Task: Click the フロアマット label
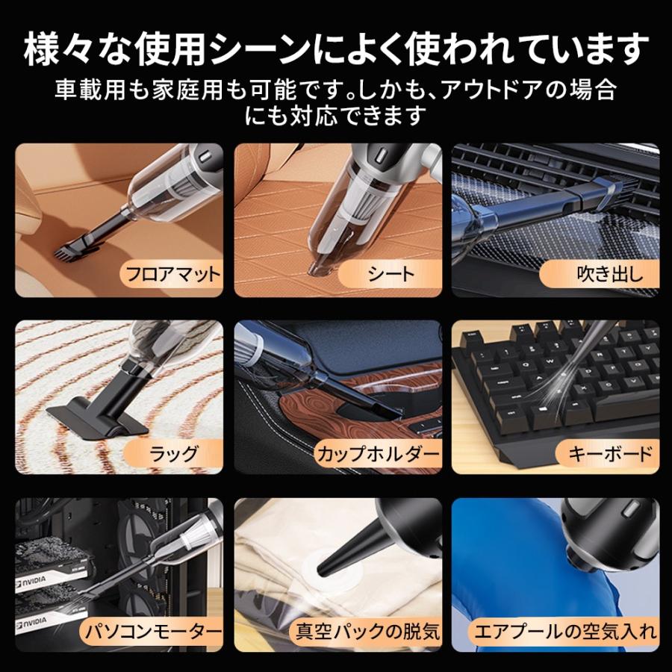point(172,273)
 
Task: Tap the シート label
point(391,273)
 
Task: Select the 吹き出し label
point(609,273)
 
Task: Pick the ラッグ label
point(172,452)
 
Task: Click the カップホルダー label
point(378,452)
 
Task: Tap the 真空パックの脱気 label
point(365,632)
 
